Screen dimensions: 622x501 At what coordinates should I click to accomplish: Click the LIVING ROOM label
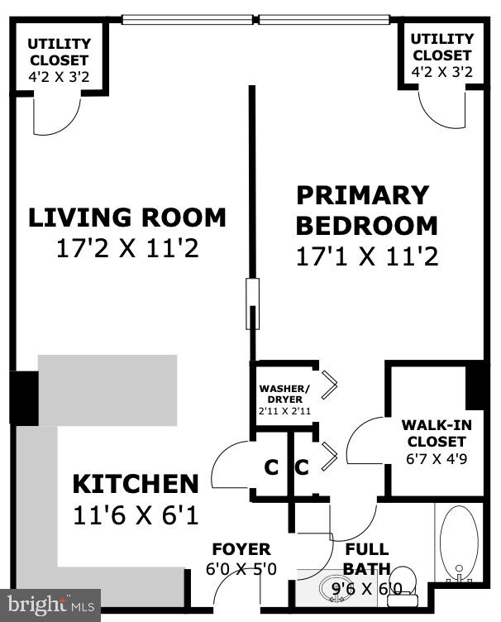(x=127, y=218)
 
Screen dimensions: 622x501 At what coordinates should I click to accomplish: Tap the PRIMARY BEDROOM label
(x=366, y=210)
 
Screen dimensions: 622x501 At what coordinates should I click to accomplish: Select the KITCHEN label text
(x=136, y=484)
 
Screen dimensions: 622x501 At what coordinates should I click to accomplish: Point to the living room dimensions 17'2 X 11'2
(x=127, y=248)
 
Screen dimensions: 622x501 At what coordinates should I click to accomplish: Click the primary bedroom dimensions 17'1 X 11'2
(x=366, y=256)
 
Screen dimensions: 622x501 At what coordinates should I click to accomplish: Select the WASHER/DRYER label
(x=284, y=392)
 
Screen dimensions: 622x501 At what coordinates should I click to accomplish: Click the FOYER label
(x=241, y=550)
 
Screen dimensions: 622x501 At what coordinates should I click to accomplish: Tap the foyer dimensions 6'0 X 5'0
(x=241, y=568)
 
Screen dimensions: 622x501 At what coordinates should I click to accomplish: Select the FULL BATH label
(x=365, y=559)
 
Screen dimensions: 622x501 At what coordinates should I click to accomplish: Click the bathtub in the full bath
(x=460, y=542)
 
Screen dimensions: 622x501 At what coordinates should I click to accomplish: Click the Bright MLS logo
(x=50, y=605)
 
